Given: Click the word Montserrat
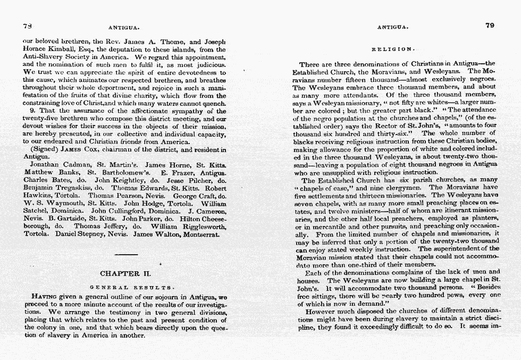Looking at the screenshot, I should (204, 233).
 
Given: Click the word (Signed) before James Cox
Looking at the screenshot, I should (41, 149).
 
